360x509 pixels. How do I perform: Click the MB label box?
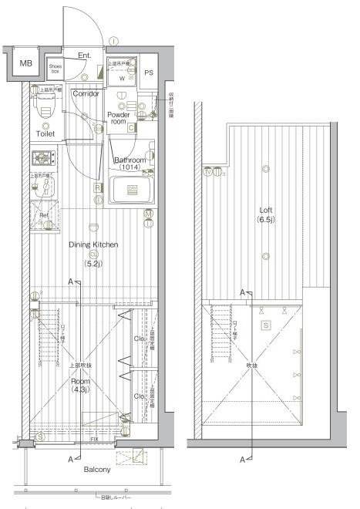coord(25,64)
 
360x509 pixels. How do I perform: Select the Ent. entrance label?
coord(85,56)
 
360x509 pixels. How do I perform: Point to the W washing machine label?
coord(122,77)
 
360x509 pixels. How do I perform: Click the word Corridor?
coord(85,94)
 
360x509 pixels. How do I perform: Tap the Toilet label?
coord(45,133)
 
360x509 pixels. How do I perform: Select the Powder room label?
coord(118,118)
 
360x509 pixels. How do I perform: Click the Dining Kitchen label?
coord(93,244)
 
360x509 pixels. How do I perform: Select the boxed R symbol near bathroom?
coord(98,187)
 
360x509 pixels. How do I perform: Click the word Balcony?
coord(97,470)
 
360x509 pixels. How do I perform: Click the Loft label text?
coord(267,210)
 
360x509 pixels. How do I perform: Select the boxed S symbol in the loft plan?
coord(265,325)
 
